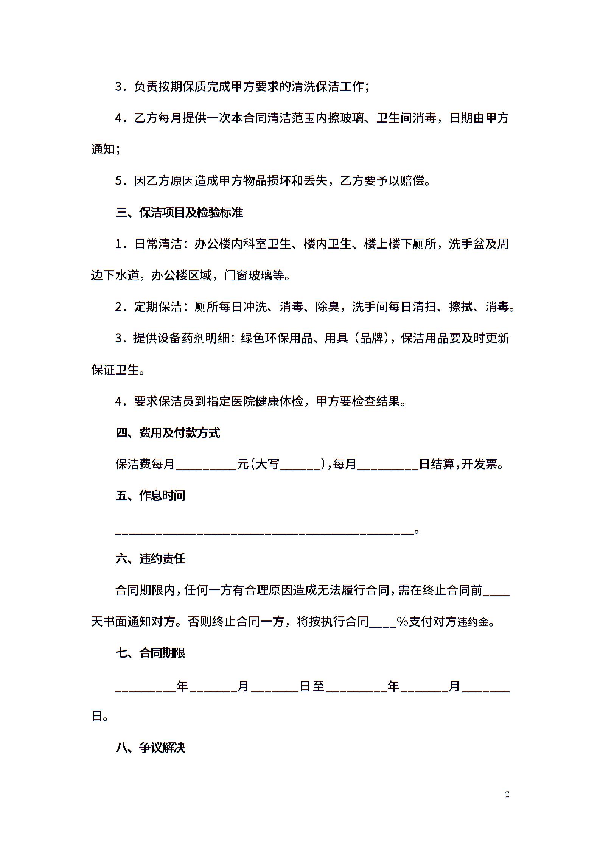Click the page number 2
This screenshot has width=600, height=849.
pos(507,794)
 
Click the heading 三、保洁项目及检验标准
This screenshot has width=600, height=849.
pos(179,213)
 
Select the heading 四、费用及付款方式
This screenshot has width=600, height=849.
pos(168,432)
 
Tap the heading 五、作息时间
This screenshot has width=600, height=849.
pos(150,496)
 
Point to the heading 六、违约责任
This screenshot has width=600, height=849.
pos(150,558)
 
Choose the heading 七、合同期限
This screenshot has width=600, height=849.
pos(150,653)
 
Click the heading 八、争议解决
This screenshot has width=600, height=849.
pos(150,748)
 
